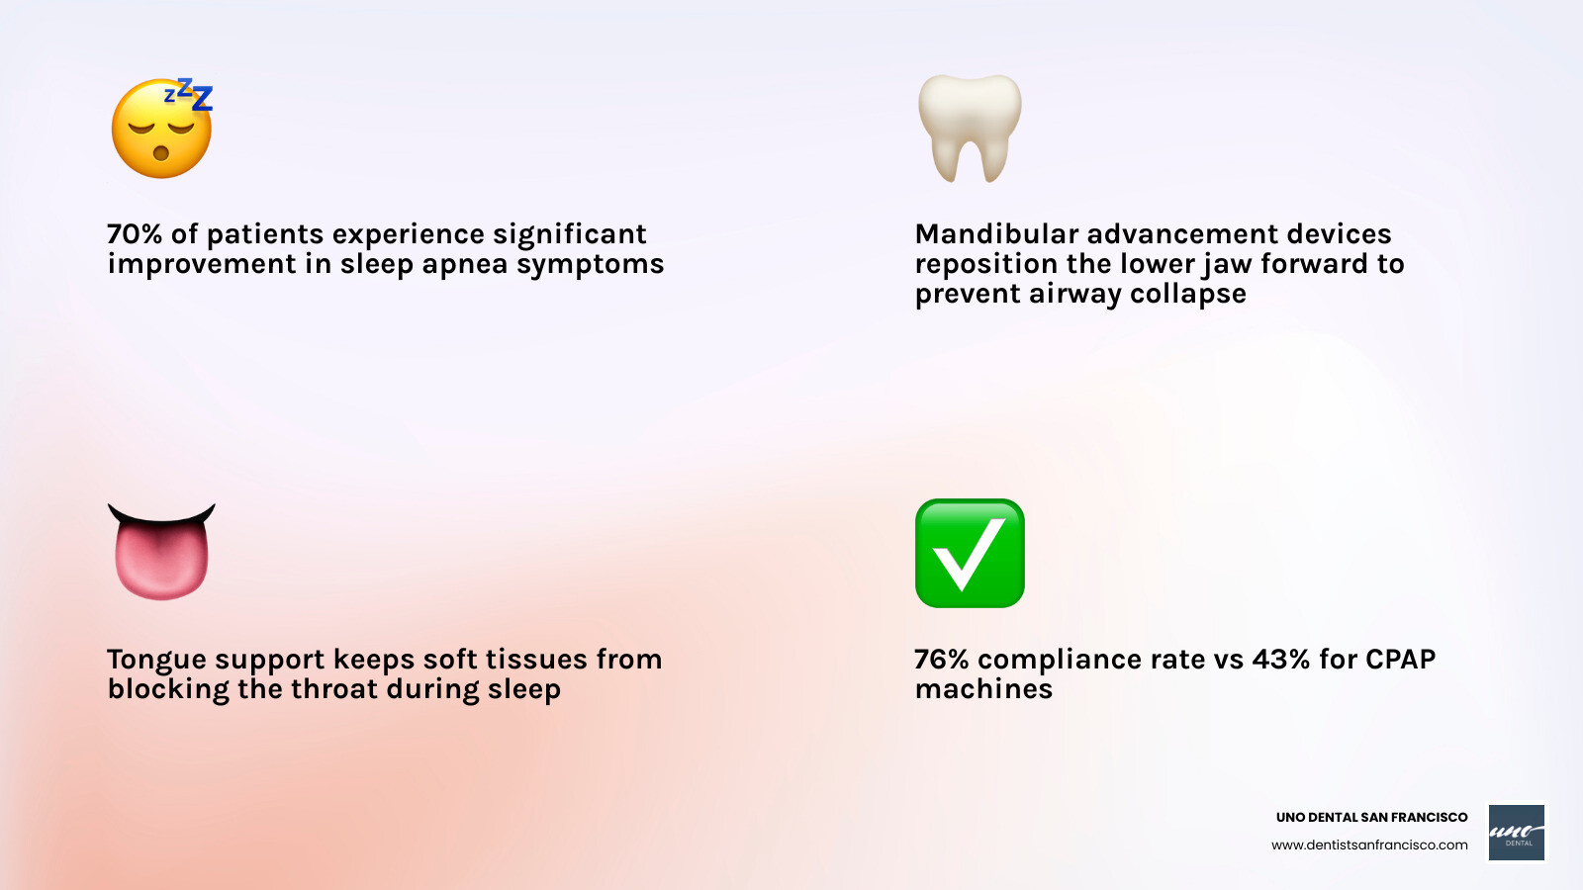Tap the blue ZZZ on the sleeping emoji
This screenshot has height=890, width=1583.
191,95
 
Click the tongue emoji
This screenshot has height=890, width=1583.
161,552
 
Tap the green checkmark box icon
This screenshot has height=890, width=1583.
970,553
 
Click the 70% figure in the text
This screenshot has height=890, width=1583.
134,234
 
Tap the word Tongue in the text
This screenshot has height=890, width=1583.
156,660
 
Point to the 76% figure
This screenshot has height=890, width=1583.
941,660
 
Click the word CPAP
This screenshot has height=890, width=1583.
1399,660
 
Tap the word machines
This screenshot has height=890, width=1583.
983,689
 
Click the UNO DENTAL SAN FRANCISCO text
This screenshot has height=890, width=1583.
1371,817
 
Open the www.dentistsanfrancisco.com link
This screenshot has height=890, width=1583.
1369,845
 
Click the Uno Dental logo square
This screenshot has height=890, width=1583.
1517,832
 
